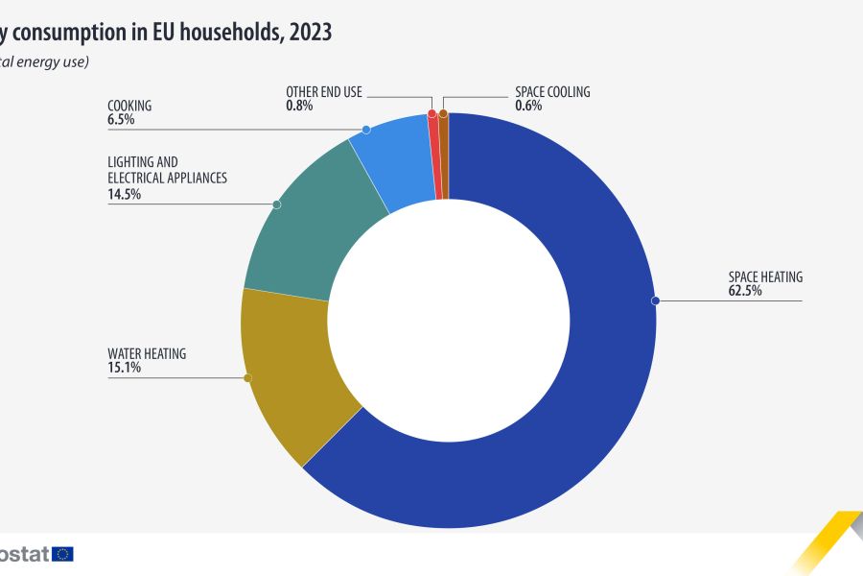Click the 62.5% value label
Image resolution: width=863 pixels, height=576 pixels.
point(745,291)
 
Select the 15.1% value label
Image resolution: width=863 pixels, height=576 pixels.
point(125,368)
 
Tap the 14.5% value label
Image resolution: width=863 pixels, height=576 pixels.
point(125,194)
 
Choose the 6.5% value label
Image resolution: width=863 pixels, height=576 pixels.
point(121,120)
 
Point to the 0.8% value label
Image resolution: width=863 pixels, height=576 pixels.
point(299,106)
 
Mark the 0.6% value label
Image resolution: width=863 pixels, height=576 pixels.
point(528,106)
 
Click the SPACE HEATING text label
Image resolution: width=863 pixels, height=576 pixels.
point(765,277)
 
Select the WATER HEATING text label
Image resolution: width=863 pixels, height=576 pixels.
point(147,354)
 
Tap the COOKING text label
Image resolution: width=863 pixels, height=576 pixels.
point(129,107)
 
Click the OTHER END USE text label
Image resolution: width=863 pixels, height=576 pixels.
point(324,92)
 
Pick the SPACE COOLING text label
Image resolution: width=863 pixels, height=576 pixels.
point(552,92)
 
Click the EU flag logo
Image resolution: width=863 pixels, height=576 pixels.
point(63,553)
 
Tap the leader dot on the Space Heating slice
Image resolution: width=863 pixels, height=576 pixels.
point(656,300)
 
